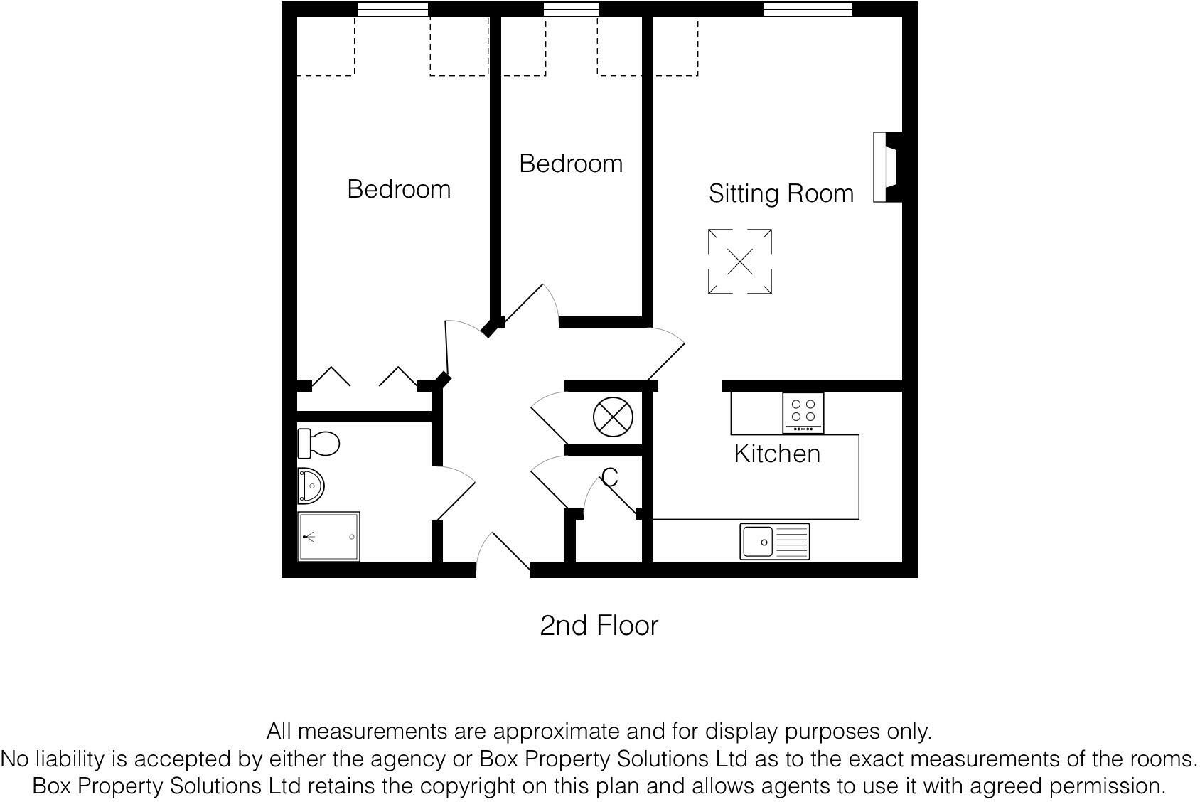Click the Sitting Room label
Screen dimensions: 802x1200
pyautogui.click(x=781, y=193)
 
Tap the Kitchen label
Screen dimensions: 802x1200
pyautogui.click(x=776, y=454)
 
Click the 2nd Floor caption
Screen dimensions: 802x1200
pyautogui.click(x=599, y=626)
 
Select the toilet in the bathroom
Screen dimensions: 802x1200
pyautogui.click(x=318, y=444)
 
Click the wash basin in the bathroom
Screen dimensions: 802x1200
pyautogui.click(x=311, y=486)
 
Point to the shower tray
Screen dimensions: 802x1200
pyautogui.click(x=328, y=536)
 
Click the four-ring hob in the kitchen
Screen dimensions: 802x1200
pyautogui.click(x=803, y=412)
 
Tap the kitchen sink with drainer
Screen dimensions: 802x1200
pyautogui.click(x=774, y=542)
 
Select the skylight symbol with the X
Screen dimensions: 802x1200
pyautogui.click(x=740, y=262)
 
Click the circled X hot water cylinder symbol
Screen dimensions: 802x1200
pyautogui.click(x=613, y=417)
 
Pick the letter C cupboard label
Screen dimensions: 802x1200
pyautogui.click(x=609, y=478)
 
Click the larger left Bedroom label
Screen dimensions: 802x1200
pyautogui.click(x=399, y=189)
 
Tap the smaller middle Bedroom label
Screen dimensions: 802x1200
pyautogui.click(x=571, y=164)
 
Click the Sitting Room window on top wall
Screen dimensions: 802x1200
pyautogui.click(x=808, y=9)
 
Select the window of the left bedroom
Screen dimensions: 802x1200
pyautogui.click(x=392, y=9)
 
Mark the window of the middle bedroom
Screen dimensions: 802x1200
pyautogui.click(x=571, y=9)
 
